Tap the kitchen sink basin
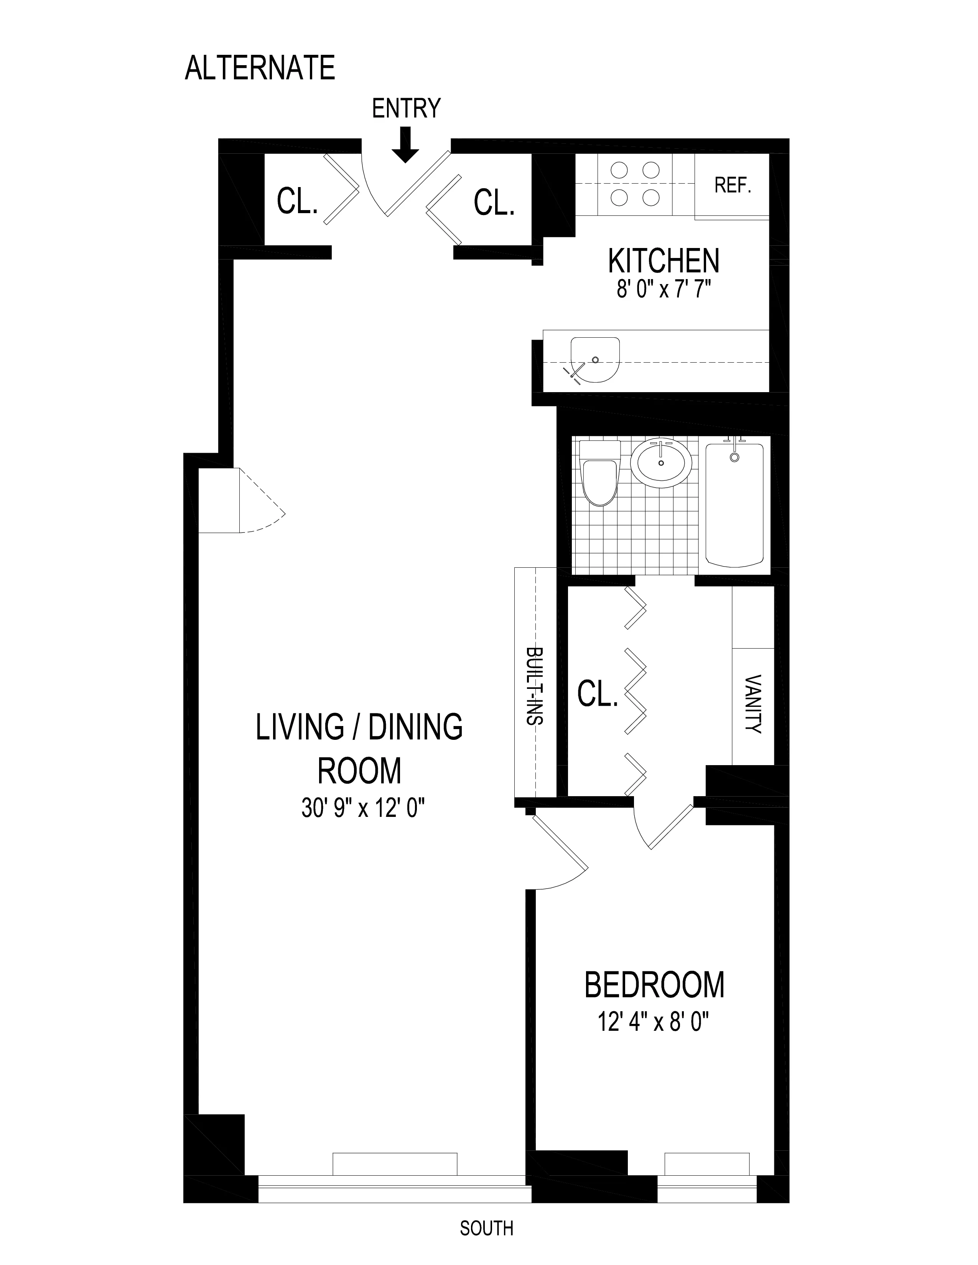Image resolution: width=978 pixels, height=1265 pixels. point(594,360)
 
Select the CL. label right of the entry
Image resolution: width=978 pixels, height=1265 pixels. point(494,203)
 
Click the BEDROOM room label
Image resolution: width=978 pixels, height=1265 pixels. point(654,985)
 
